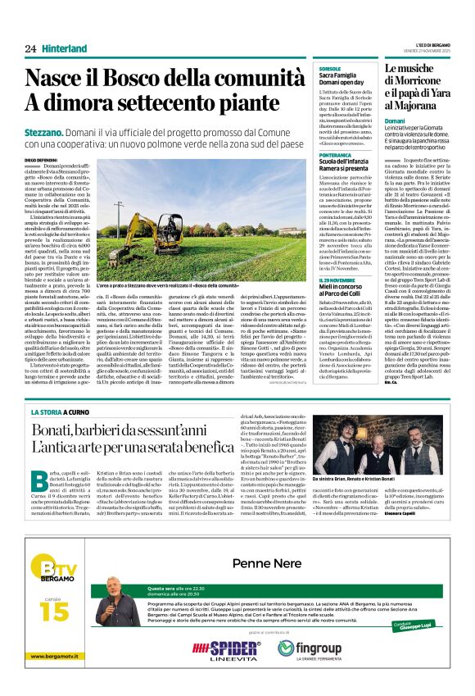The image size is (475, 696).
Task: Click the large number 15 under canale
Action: [49, 611]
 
